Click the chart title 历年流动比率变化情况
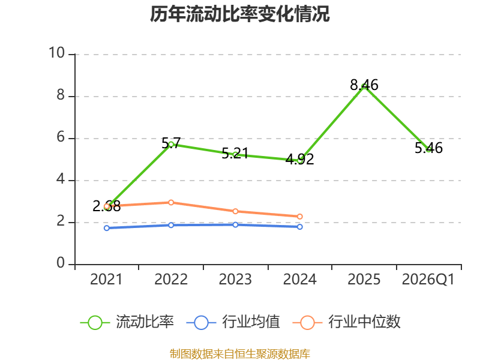(x=239, y=14)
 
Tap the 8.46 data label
(x=364, y=85)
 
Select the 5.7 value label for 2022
(x=171, y=143)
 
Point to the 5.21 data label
(x=235, y=154)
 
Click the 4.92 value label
(x=299, y=159)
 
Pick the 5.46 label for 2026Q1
(x=428, y=148)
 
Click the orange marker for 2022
(x=171, y=202)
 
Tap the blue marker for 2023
(x=235, y=224)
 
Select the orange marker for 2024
(x=299, y=217)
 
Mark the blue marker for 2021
(x=107, y=228)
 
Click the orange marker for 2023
(x=235, y=211)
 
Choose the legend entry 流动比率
(x=127, y=322)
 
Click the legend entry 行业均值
(x=233, y=322)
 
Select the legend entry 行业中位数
(x=347, y=322)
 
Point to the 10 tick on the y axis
(x=56, y=53)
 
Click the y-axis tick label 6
(x=61, y=137)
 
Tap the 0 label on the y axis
(x=61, y=263)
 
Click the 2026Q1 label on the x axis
(x=428, y=280)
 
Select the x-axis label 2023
(x=235, y=280)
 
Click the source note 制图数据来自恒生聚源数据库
(x=239, y=354)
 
